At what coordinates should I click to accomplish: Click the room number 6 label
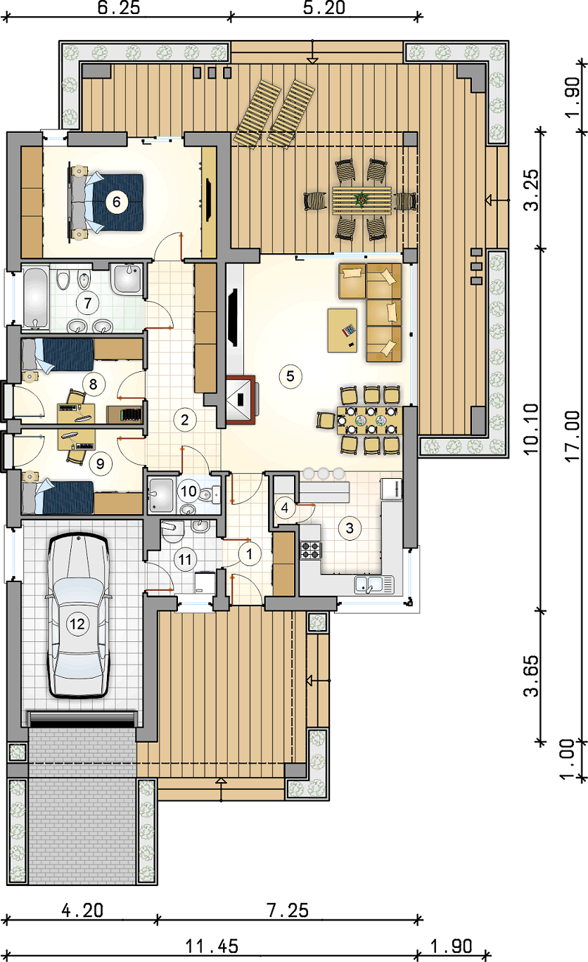tap(116, 201)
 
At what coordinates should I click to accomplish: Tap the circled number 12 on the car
tap(78, 624)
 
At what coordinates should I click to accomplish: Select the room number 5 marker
tap(290, 376)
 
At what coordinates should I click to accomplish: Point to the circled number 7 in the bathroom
tap(88, 303)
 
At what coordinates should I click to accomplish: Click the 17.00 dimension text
tap(573, 436)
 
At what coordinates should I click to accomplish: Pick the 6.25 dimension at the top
tap(119, 7)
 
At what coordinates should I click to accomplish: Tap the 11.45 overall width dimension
tap(211, 946)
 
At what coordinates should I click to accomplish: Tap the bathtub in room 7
tap(35, 298)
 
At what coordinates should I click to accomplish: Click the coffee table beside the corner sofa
tap(342, 331)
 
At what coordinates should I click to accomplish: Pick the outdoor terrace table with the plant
tap(362, 200)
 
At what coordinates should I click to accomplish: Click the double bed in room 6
tap(106, 203)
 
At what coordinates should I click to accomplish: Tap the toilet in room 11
tap(173, 532)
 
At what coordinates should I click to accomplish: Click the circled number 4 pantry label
tap(285, 508)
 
